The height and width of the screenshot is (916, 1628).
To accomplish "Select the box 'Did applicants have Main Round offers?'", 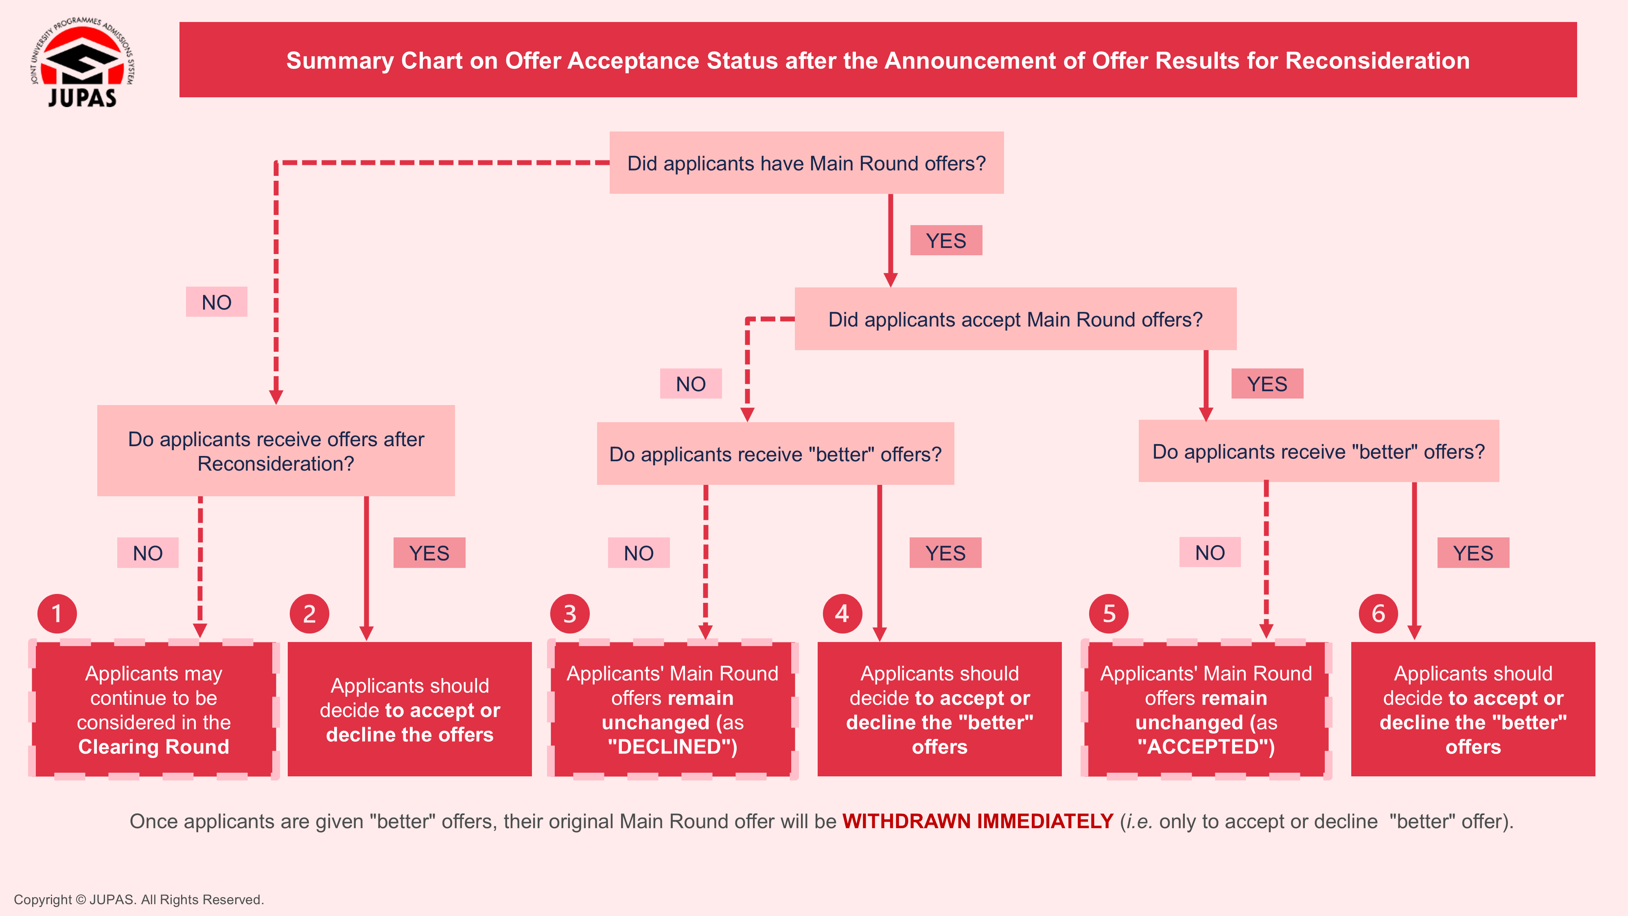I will (x=806, y=163).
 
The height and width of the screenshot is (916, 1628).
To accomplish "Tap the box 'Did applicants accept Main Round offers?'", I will (x=1015, y=319).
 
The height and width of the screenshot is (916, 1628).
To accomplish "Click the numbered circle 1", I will (x=57, y=613).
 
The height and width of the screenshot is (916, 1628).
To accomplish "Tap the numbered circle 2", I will (x=309, y=613).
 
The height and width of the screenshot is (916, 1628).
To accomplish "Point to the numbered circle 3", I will (x=569, y=613).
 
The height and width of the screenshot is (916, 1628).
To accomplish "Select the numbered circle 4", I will (x=842, y=613).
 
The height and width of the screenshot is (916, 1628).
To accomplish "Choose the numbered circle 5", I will (x=1109, y=613).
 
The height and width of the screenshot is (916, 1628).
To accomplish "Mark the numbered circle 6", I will (x=1379, y=613).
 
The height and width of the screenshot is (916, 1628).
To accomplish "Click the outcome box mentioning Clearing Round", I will (x=153, y=709).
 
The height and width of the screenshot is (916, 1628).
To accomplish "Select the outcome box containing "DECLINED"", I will (x=672, y=709).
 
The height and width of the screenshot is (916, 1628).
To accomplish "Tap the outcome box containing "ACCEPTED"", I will (x=1206, y=709).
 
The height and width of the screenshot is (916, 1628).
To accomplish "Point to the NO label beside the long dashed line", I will (x=216, y=302).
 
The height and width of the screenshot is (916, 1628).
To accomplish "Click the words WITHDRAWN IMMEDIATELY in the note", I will (x=977, y=821).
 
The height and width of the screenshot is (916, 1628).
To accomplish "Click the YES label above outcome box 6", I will (x=1473, y=553).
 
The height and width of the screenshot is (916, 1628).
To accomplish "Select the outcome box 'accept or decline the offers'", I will (x=409, y=709).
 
